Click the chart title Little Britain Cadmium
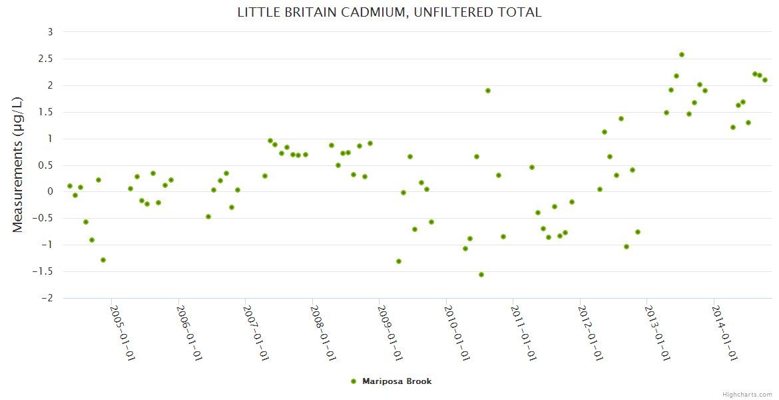(x=389, y=13)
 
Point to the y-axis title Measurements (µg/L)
(x=18, y=164)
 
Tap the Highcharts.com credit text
(x=747, y=394)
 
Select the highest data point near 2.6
(x=682, y=55)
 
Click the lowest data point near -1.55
(x=481, y=275)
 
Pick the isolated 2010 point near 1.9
(x=488, y=91)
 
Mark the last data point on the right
(x=765, y=80)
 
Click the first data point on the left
(x=70, y=186)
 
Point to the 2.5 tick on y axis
(x=47, y=59)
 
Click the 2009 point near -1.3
(x=399, y=261)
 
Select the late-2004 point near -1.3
(x=103, y=260)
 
